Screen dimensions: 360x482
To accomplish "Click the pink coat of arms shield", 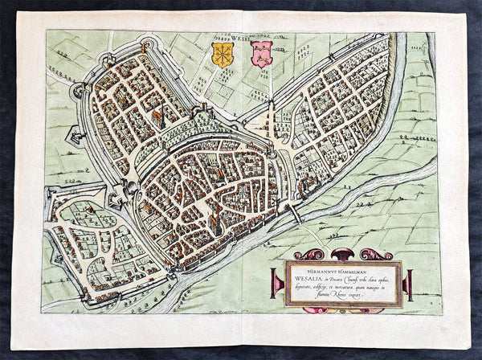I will [262, 54].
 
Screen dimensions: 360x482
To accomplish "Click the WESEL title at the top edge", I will [241, 36].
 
